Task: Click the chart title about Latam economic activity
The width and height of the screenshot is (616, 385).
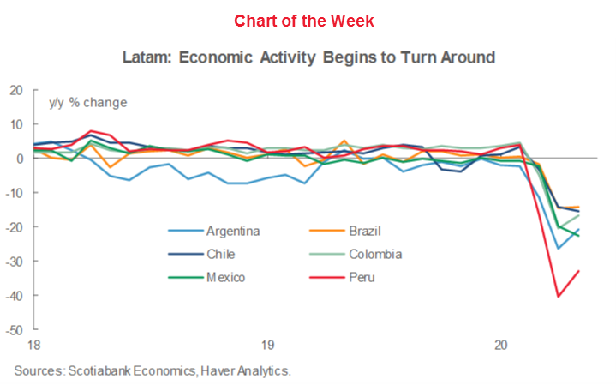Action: tap(308, 59)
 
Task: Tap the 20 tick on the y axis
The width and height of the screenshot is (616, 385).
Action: tap(16, 90)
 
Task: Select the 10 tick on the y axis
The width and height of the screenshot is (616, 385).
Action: tap(16, 124)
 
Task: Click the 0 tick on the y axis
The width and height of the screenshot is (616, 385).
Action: tap(20, 159)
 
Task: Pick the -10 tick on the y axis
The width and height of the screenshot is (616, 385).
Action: tap(15, 193)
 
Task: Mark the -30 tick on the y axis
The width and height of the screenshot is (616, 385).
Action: tap(15, 261)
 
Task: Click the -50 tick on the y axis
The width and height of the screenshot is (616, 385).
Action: tap(15, 329)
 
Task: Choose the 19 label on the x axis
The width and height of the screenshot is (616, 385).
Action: tap(267, 346)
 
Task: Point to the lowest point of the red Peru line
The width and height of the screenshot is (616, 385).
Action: tap(559, 297)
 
